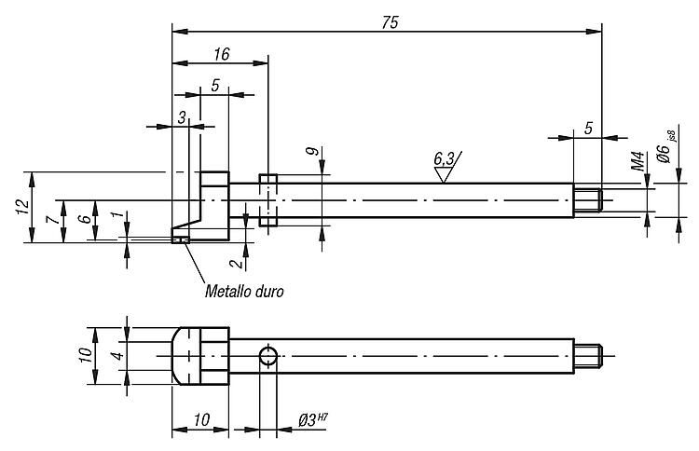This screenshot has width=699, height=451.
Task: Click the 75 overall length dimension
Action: point(391,22)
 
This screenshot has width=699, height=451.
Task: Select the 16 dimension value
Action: point(222,54)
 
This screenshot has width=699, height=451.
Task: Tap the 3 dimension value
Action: point(182,117)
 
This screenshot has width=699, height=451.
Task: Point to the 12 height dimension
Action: point(22,206)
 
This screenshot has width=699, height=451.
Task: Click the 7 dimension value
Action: point(52,219)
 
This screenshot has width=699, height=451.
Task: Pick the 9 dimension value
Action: point(314,152)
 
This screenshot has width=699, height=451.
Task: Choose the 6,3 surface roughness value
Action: point(444,157)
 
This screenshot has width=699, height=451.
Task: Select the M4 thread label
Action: point(637,161)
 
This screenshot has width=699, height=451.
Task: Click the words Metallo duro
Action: point(244,292)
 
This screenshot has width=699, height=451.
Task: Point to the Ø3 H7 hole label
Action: point(313,420)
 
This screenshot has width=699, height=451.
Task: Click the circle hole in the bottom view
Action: point(267,356)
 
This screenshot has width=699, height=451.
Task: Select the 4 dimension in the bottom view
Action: point(117,356)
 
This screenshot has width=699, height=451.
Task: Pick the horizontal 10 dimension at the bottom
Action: point(201,419)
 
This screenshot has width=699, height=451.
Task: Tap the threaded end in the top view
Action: point(588,200)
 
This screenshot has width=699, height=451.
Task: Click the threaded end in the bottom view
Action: point(588,356)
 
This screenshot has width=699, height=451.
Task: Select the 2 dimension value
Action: point(237,263)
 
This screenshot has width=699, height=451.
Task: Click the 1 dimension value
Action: point(116,215)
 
